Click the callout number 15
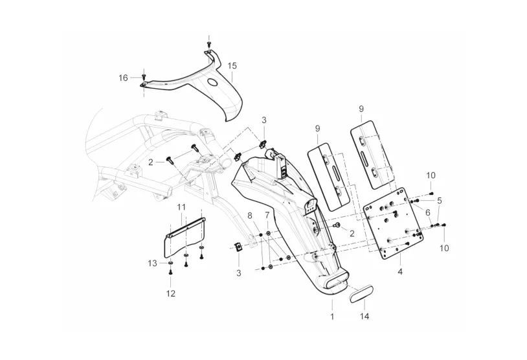point(232,65)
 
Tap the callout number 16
point(124,78)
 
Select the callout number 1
point(332,317)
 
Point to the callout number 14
point(364,317)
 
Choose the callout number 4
point(400,271)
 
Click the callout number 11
point(181,207)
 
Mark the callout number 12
point(171,293)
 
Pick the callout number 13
point(152,263)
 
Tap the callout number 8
point(250,216)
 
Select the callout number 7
point(267,214)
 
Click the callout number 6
point(428,212)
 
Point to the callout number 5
point(440,201)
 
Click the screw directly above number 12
point(170,271)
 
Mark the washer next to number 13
point(170,262)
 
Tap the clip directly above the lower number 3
point(238,248)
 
